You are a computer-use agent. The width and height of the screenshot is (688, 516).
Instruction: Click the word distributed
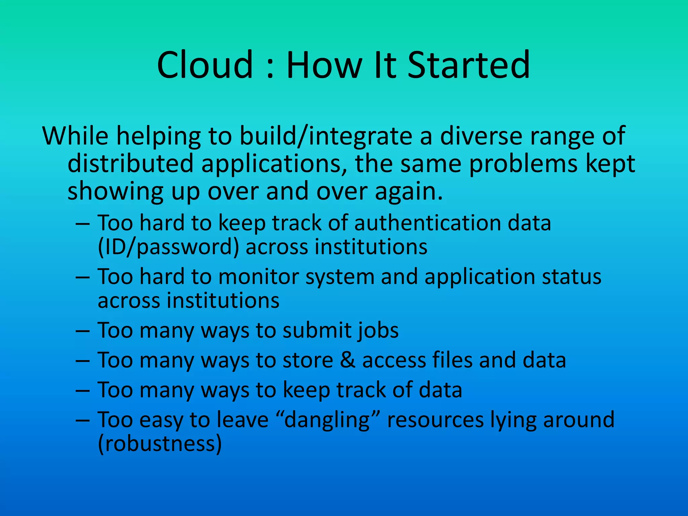point(130,164)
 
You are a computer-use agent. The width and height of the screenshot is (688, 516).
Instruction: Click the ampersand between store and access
point(348,360)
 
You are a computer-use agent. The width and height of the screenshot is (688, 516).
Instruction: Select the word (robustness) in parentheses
point(160,444)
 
